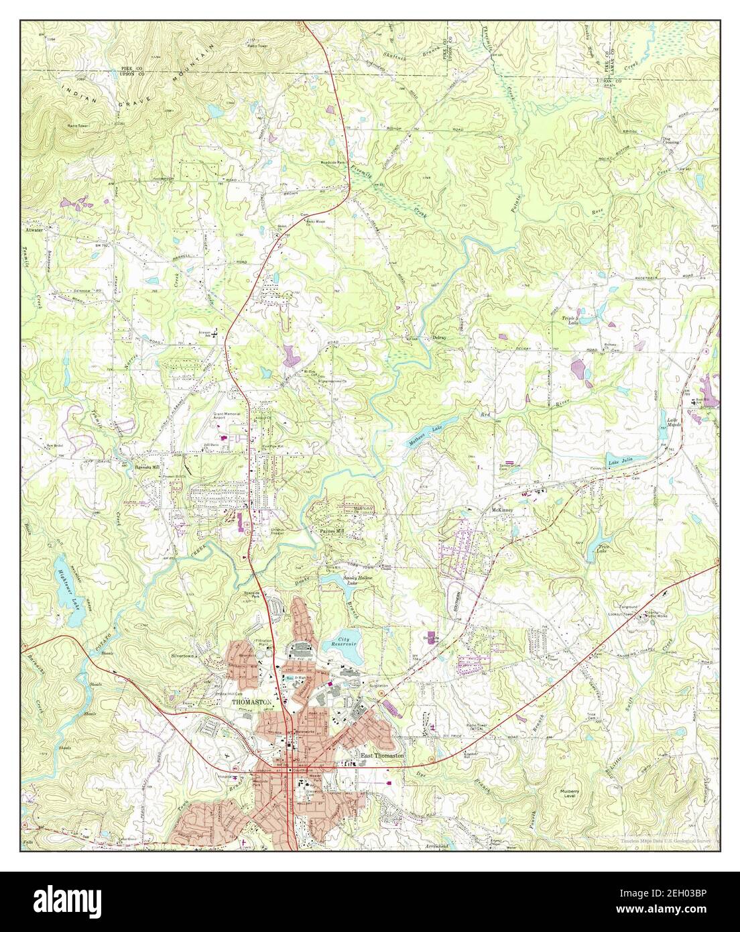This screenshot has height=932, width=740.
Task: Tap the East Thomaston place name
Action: tap(382, 755)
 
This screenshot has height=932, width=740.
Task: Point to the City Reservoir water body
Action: tap(341, 642)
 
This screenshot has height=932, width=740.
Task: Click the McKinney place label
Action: tap(501, 509)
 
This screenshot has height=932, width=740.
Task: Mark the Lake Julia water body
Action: tap(621, 461)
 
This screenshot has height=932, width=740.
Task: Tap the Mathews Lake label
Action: tap(426, 436)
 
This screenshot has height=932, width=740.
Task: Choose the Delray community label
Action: tap(439, 337)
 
